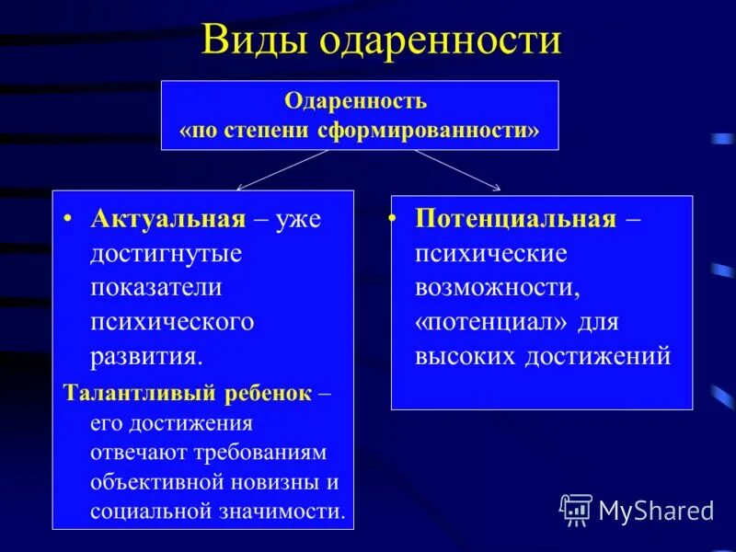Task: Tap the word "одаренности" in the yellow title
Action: [441, 41]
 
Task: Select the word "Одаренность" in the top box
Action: [355, 100]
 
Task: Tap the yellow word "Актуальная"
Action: [168, 219]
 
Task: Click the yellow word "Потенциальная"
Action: [514, 219]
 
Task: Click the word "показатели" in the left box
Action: [156, 287]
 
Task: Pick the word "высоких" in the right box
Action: [466, 356]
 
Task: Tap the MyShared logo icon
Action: [576, 510]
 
